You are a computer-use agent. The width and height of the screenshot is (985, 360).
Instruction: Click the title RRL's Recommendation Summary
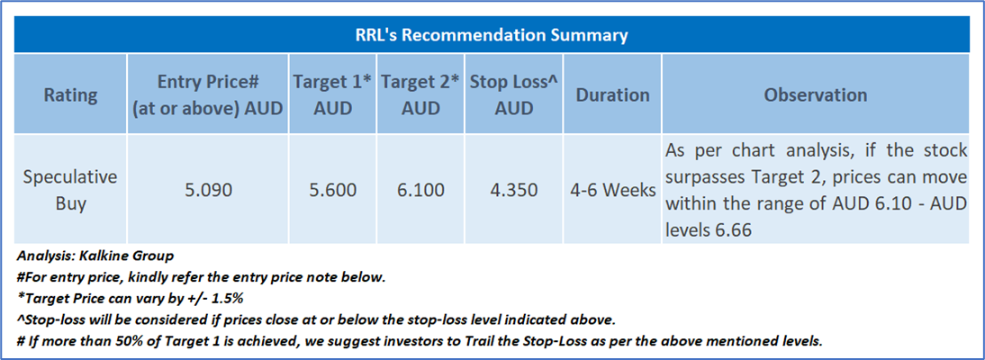coord(492,34)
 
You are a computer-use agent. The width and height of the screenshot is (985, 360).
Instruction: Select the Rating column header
coord(71,94)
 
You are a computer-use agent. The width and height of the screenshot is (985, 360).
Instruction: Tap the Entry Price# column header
coord(208,94)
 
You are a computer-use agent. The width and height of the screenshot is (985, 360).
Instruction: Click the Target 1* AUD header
coord(332,94)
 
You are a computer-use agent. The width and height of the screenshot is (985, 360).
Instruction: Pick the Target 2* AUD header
coord(420,94)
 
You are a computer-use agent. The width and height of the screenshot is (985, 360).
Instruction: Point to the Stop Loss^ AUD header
coord(514,94)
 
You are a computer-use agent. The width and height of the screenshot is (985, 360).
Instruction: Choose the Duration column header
coord(613,94)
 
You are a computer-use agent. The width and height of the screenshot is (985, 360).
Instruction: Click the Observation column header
coord(816,94)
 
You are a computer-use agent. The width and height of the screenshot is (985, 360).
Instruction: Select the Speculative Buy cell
coord(71,189)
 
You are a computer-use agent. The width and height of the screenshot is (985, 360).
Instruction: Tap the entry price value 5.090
coord(208,190)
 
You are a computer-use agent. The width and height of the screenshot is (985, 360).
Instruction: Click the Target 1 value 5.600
coord(332,190)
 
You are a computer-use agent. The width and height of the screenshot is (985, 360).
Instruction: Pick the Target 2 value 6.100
coord(420,190)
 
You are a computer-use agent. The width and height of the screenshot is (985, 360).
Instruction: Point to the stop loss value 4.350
coord(514,190)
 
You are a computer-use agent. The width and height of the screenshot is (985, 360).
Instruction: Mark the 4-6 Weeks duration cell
coord(613,190)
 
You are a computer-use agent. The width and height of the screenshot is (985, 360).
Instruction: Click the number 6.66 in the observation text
coord(732,229)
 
